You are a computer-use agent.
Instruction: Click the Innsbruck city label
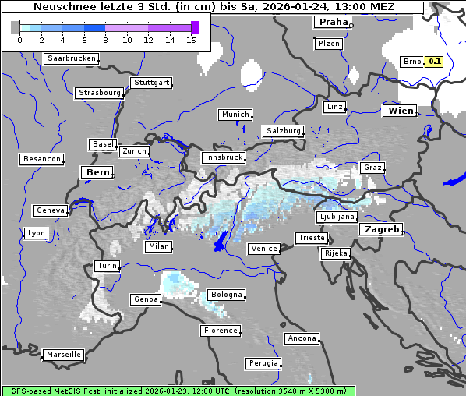(224, 157)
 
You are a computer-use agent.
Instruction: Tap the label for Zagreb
(380, 229)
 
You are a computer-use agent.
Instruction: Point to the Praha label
(332, 23)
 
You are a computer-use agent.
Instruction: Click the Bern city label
(97, 172)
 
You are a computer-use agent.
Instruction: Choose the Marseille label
(63, 355)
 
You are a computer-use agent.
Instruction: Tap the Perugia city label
(263, 363)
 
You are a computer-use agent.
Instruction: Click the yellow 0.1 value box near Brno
(434, 62)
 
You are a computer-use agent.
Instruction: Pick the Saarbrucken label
(72, 58)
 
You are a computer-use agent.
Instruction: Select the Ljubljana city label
(337, 217)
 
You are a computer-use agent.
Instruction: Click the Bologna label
(225, 295)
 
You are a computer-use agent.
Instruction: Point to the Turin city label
(107, 266)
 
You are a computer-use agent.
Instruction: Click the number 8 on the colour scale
(105, 40)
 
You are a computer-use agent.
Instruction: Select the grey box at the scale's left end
(16, 27)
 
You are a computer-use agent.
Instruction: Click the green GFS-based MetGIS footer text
(178, 391)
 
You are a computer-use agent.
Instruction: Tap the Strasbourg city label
(100, 93)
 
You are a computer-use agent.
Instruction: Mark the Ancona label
(302, 338)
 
